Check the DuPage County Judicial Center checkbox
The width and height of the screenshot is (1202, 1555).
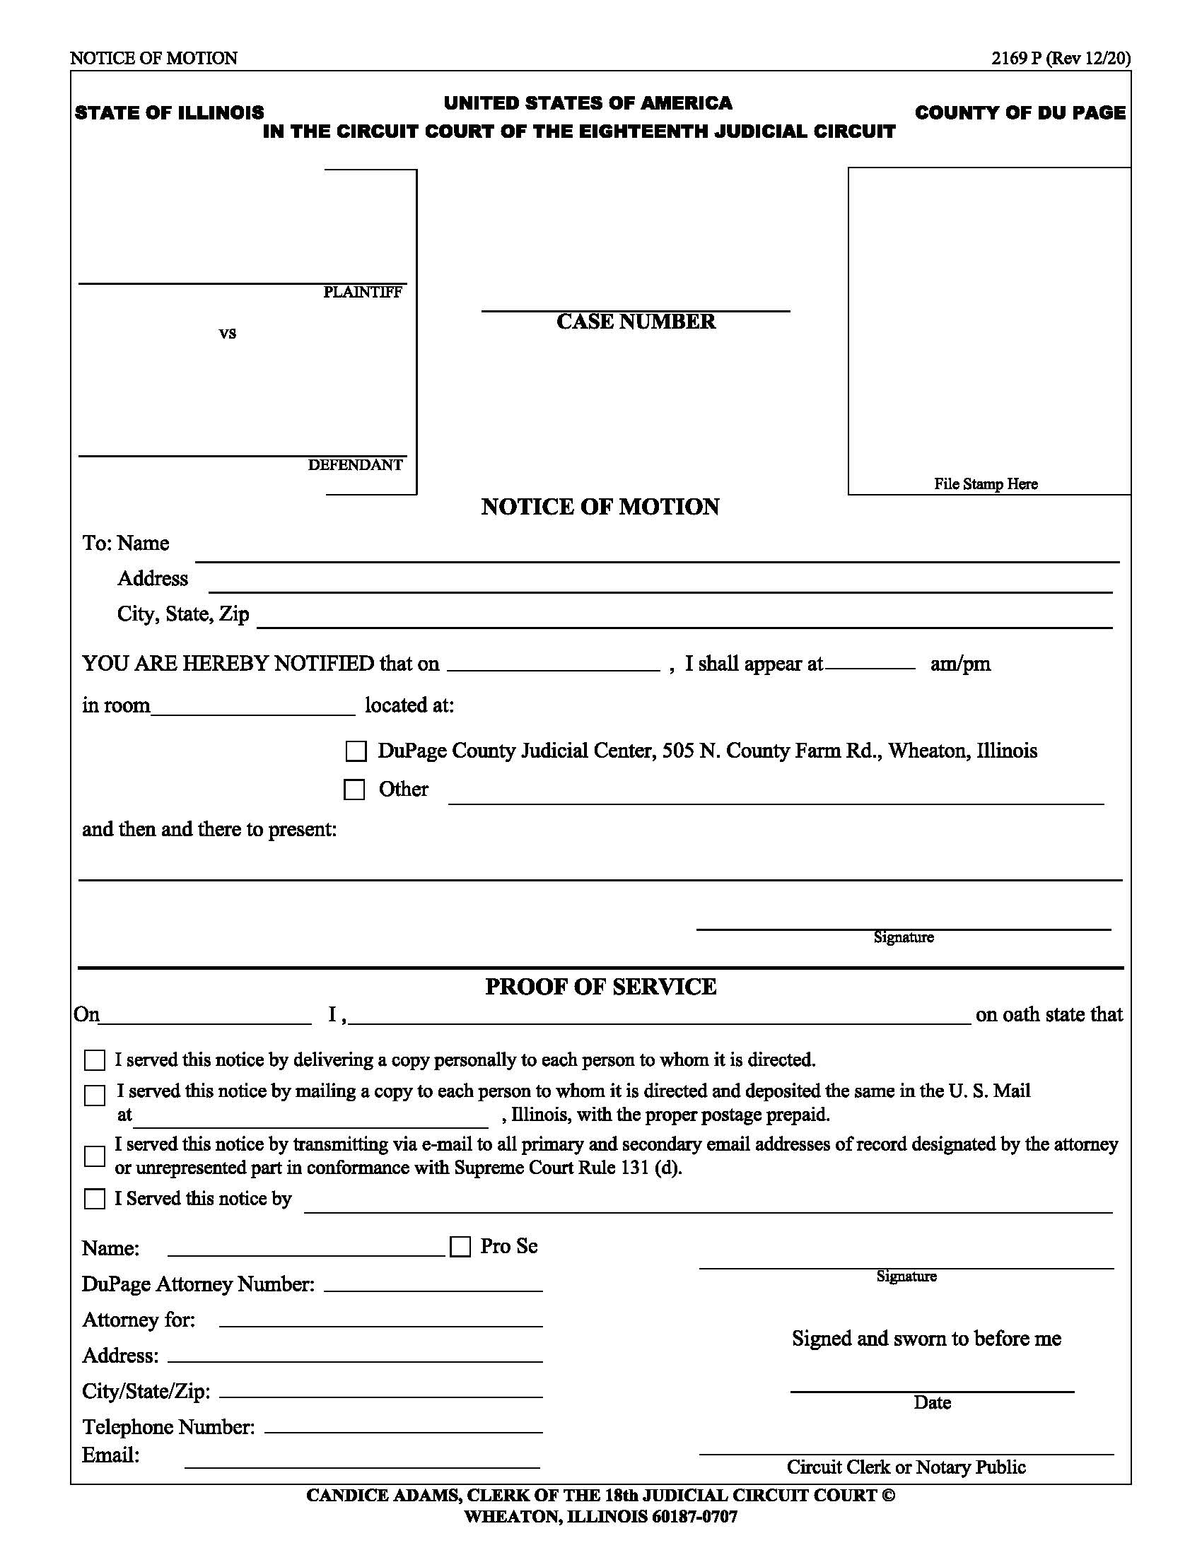tap(356, 751)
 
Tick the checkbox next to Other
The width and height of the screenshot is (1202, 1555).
tap(355, 790)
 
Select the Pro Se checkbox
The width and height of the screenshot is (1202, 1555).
tap(461, 1247)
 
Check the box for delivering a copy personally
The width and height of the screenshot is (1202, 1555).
tap(95, 1060)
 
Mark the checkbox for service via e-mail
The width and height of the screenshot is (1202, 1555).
tap(95, 1156)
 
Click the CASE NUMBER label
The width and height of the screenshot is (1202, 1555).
tap(636, 322)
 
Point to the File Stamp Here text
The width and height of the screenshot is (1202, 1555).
tap(986, 484)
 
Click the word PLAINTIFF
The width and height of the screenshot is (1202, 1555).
tap(363, 292)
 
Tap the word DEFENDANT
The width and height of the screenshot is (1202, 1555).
tap(356, 465)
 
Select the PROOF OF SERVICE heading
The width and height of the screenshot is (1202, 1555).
tap(600, 987)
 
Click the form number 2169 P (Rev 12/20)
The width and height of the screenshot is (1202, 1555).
tap(1061, 59)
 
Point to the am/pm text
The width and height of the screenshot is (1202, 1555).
tap(960, 664)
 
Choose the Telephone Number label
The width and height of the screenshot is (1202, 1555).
tap(169, 1427)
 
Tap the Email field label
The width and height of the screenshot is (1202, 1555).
tap(111, 1455)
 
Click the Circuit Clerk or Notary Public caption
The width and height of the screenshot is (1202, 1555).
tap(906, 1467)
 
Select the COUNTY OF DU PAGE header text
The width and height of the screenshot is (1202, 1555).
tap(1020, 112)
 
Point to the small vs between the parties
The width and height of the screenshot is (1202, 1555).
tap(227, 333)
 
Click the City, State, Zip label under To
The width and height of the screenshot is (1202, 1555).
tap(183, 614)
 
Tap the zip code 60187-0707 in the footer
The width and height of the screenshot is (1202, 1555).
tap(694, 1517)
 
